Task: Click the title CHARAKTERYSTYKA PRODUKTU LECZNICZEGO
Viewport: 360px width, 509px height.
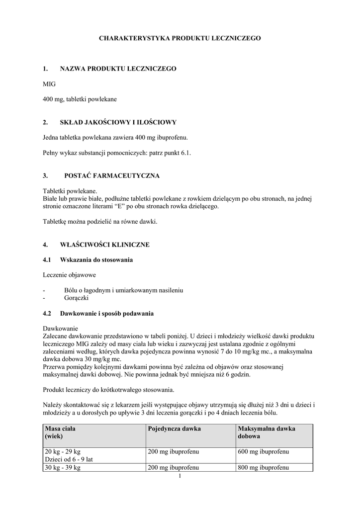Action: (x=180, y=38)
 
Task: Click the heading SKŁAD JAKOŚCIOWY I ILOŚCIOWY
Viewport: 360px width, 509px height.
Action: (x=118, y=122)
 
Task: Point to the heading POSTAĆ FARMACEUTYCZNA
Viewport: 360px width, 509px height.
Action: (x=112, y=175)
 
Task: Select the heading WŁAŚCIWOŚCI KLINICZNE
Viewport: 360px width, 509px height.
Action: (x=104, y=245)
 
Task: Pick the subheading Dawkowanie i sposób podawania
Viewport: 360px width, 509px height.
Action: (x=107, y=314)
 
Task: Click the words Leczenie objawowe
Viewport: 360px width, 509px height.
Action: (x=70, y=274)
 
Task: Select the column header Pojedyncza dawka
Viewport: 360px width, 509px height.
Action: (x=174, y=428)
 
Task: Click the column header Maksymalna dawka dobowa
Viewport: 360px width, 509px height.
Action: (x=267, y=432)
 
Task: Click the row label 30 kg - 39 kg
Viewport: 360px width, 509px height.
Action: (x=63, y=468)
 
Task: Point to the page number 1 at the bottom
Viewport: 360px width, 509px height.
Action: (x=180, y=476)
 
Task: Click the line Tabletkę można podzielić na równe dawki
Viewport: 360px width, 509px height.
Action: (x=100, y=222)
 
